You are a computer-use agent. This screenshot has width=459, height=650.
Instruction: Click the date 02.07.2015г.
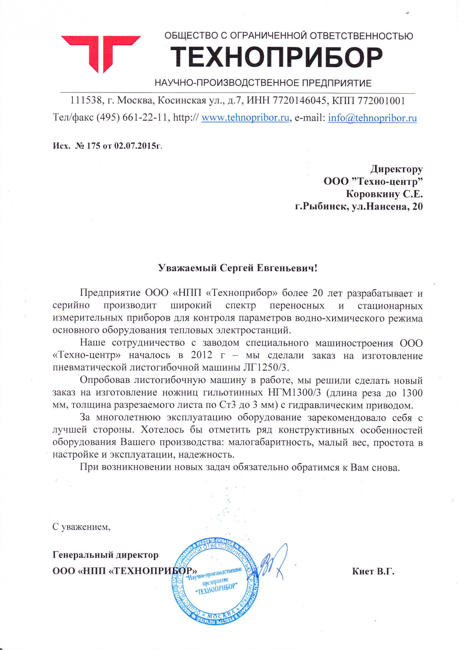[137, 146]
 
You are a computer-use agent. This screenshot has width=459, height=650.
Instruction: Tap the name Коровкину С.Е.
[384, 194]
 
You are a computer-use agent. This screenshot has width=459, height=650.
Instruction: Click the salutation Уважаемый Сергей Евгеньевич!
[238, 268]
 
